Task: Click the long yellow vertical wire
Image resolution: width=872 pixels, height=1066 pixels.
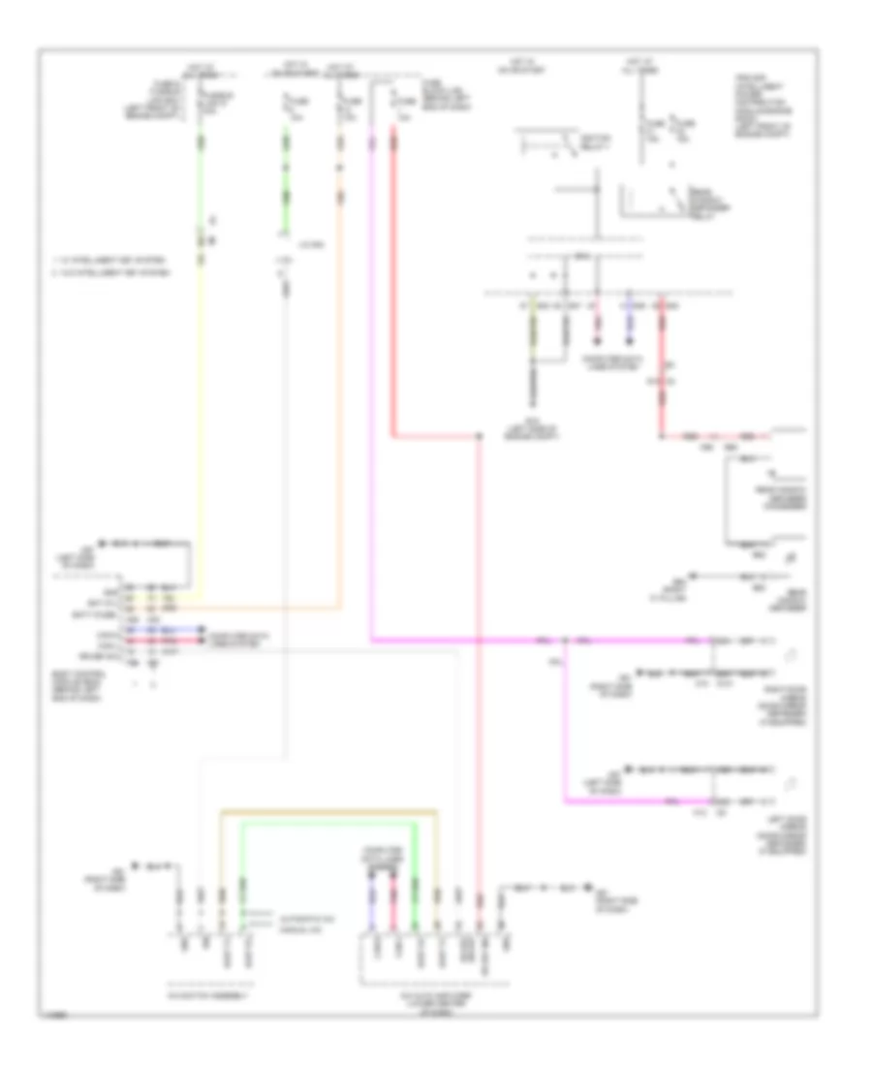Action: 201,407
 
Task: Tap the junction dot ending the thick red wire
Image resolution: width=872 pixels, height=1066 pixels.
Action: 480,437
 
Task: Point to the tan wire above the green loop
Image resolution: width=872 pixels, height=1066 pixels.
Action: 329,809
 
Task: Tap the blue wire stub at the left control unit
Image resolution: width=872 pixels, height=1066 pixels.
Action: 174,628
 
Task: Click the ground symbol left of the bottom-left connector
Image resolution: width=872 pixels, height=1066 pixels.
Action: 135,863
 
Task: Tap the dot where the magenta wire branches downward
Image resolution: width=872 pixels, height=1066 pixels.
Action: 565,642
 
